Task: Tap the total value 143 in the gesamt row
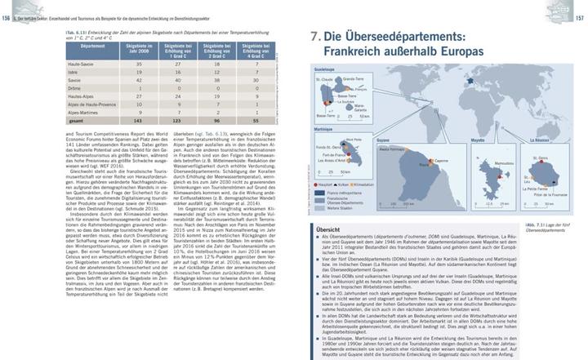pyautogui.click(x=138, y=143)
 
